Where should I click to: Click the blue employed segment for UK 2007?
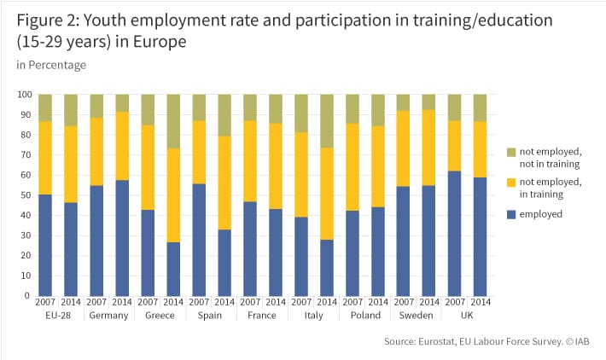coord(454,233)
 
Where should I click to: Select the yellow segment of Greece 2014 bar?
coord(173,195)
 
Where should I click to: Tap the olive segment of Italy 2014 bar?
coord(327,121)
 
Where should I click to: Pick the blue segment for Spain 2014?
coord(224,263)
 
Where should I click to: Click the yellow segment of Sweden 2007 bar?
coord(403,148)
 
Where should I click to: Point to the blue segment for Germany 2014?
coord(122,238)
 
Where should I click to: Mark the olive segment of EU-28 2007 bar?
coord(45,107)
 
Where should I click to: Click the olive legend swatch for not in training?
coord(511,152)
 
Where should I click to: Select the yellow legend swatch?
coord(511,183)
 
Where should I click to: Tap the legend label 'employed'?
coord(540,214)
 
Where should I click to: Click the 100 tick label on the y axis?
coord(24,94)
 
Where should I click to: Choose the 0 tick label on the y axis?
coord(26,295)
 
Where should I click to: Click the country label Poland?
coord(365,315)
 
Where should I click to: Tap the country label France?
coord(262,315)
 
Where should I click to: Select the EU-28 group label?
coord(58,315)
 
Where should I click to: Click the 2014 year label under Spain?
coord(224,302)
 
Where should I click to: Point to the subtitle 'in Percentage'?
coord(51,65)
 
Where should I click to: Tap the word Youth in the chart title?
coord(105,20)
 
